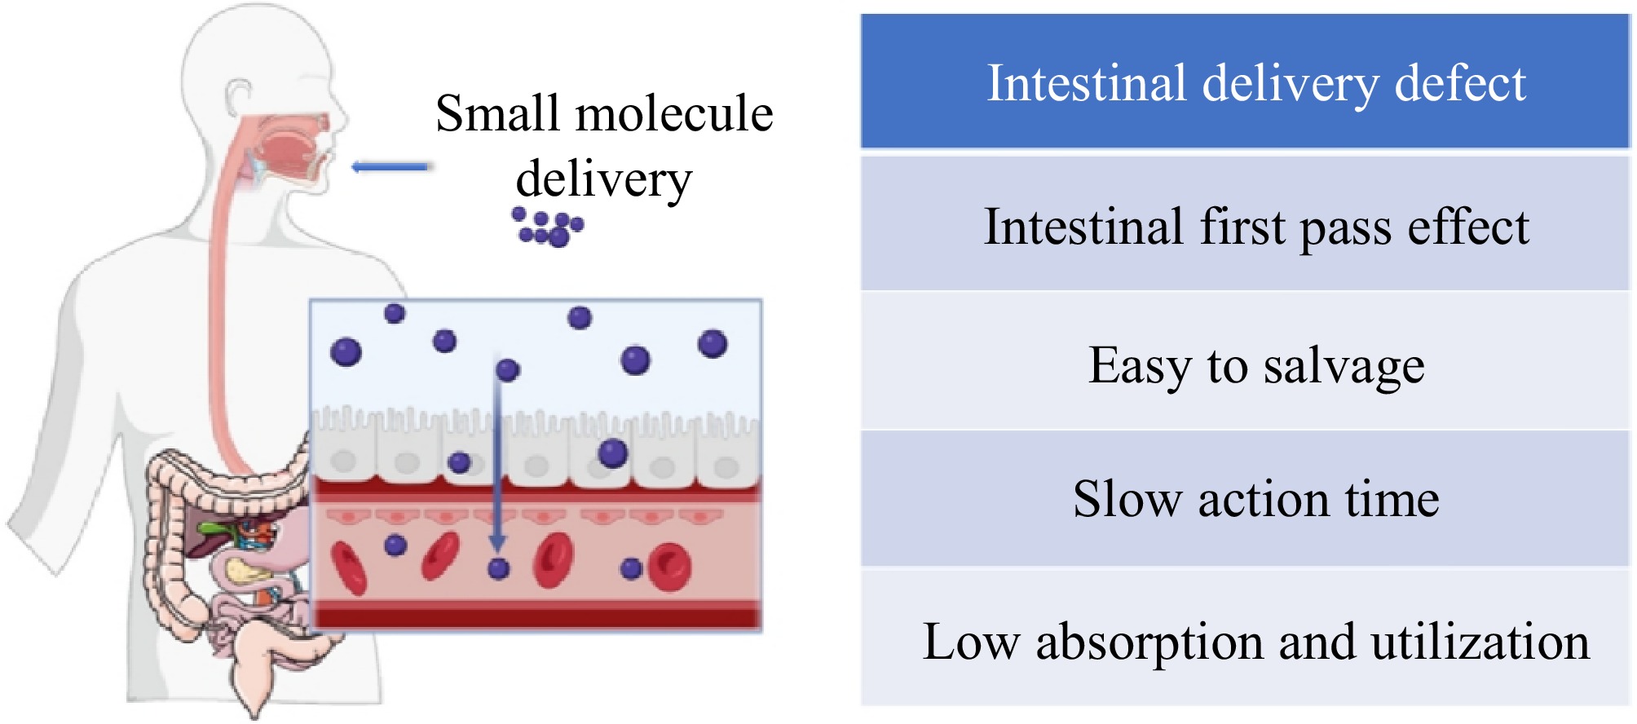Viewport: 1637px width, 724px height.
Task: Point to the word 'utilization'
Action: (1480, 642)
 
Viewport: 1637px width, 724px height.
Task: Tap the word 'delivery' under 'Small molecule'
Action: (603, 179)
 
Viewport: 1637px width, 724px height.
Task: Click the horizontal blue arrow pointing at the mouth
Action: (390, 167)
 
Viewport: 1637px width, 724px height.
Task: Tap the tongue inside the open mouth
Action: (285, 155)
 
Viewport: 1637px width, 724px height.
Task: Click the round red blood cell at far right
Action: (669, 567)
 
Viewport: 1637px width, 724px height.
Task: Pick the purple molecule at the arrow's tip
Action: (498, 568)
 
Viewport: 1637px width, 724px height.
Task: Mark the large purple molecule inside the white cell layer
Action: (612, 453)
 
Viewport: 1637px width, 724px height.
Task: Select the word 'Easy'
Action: (1139, 366)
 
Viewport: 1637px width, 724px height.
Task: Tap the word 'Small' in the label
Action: (497, 113)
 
